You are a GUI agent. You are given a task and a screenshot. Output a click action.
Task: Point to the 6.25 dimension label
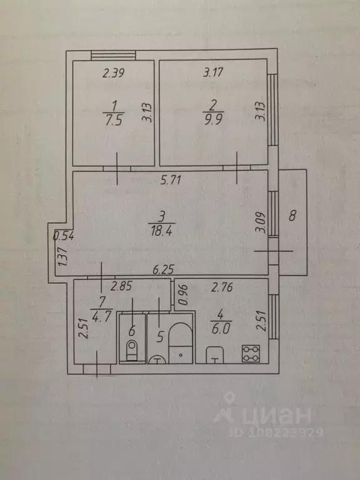point(164,271)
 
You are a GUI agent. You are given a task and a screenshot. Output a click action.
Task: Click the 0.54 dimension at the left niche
point(63,236)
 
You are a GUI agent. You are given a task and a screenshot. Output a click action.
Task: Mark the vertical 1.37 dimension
point(61,258)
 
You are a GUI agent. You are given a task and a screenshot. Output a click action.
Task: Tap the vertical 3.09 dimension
point(261,224)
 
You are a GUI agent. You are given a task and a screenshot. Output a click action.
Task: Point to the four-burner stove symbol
point(251,353)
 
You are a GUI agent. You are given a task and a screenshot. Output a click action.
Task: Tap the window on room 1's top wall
point(113,56)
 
